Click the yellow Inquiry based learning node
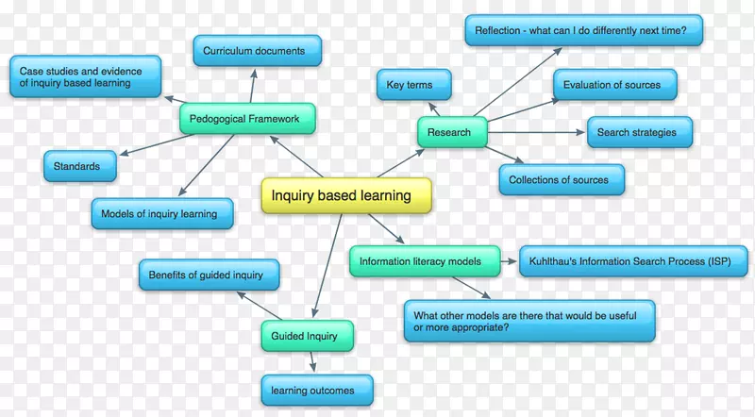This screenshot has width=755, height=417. coord(345,196)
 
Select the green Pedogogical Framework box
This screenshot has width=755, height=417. coord(245,120)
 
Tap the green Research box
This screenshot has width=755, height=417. coord(451,133)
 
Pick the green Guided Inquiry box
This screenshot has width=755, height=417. coord(298,335)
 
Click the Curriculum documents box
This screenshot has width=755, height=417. coord(257,50)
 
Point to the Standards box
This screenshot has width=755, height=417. coord(78,166)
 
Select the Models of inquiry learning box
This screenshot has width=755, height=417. coord(159,214)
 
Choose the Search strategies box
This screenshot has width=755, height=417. coord(637,133)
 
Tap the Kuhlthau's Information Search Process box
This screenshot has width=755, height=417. coord(626,261)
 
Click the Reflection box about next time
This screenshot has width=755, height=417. coord(583,30)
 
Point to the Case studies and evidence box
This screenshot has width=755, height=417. coord(85,76)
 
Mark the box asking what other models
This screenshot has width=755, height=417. coord(528,321)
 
